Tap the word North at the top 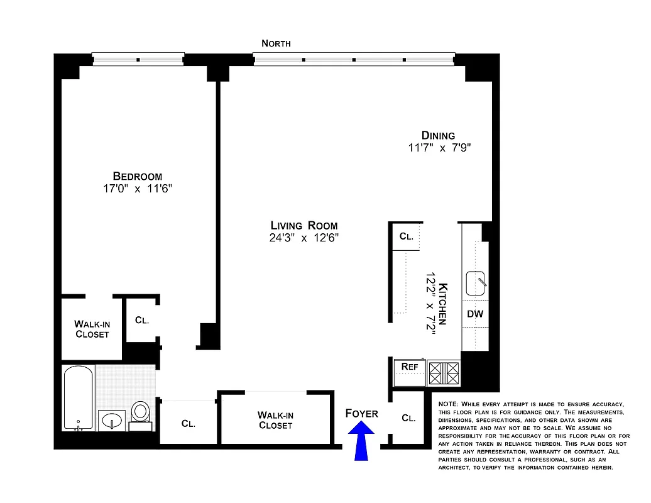coord(276,43)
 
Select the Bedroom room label coord(138,177)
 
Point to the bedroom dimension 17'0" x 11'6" coord(138,189)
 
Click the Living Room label coord(304,225)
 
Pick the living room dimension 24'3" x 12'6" coord(304,238)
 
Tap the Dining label coord(438,135)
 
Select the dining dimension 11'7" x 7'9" coord(438,148)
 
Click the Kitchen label coord(442,304)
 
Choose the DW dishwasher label coord(475,313)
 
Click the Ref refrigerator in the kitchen coord(409,367)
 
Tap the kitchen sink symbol coord(476,284)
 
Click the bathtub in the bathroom coord(79,397)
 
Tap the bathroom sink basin coord(112,419)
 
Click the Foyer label coord(362,413)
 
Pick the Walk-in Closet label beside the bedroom coord(92,329)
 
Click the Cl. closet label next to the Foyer coord(408,417)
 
